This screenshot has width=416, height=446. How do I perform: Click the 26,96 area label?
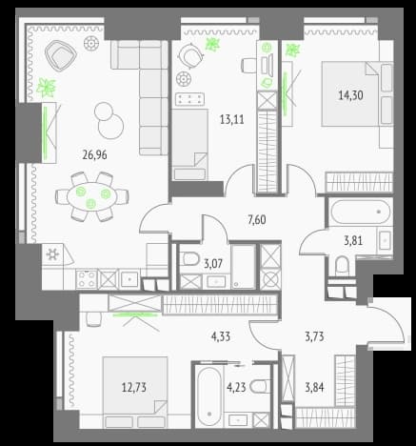tap(94, 155)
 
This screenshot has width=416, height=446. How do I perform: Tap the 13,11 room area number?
tap(232, 119)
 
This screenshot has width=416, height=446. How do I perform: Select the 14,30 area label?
tap(350, 95)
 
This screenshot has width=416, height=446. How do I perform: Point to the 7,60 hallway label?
tap(256, 219)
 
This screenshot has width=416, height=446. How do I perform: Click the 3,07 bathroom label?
tap(213, 263)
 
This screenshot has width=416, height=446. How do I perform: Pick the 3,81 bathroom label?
tap(353, 241)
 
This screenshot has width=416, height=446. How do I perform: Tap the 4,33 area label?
tap(221, 336)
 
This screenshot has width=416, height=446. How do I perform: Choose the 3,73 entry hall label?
tap(314, 336)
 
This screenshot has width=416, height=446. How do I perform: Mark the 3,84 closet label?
tap(314, 388)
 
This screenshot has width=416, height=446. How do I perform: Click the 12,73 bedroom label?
tap(134, 388)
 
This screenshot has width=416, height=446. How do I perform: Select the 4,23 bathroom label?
tap(236, 388)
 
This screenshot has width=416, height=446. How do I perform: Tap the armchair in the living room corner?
tap(61, 54)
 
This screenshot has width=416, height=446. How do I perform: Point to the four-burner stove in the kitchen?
tap(87, 279)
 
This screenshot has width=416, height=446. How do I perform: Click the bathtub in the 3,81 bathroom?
tap(360, 212)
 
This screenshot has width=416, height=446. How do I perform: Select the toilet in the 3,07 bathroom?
tap(189, 259)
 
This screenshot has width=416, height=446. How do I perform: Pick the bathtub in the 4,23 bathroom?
tap(209, 395)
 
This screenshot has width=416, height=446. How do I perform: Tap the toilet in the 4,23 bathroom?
tap(259, 387)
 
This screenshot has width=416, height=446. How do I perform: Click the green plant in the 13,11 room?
tap(212, 45)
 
